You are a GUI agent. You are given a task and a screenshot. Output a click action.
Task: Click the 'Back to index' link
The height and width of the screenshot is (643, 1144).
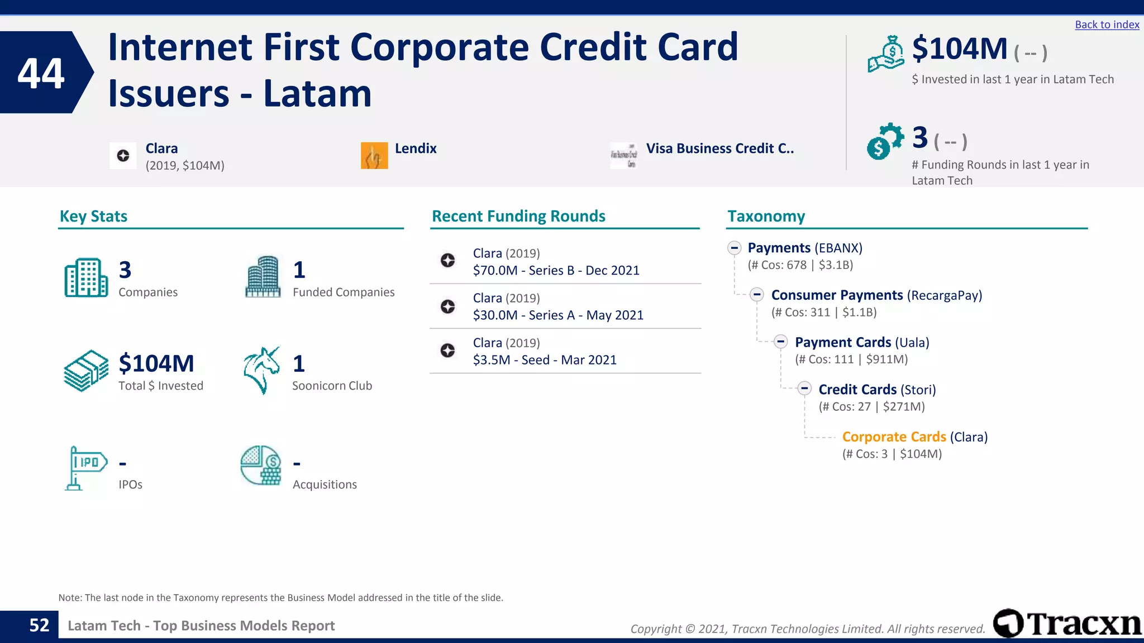[1107, 25]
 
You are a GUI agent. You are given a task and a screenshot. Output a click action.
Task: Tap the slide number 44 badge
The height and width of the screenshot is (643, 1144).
[41, 73]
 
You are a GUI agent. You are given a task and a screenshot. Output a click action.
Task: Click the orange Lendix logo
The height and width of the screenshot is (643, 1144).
[374, 156]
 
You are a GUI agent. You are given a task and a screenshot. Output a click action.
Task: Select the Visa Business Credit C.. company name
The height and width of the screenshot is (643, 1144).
[719, 148]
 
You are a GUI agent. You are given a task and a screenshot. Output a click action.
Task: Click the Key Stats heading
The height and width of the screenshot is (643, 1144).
[93, 216]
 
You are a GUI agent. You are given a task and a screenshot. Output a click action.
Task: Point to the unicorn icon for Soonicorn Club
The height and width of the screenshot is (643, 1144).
[261, 371]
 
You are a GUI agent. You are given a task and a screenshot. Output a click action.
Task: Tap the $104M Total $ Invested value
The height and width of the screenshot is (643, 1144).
[156, 363]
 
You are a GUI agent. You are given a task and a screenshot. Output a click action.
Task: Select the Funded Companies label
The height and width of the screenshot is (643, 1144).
[343, 292]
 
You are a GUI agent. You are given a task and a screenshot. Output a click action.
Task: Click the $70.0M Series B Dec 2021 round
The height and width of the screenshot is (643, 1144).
[556, 270]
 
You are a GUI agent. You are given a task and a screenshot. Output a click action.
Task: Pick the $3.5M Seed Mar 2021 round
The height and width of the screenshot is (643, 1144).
[545, 360]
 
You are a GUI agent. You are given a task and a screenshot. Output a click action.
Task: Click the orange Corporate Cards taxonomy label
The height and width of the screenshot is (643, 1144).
[894, 437]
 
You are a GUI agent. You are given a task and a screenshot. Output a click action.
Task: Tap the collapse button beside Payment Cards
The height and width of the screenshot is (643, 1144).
[781, 342]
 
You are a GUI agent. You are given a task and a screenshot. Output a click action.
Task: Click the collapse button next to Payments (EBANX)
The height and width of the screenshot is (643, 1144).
[734, 248]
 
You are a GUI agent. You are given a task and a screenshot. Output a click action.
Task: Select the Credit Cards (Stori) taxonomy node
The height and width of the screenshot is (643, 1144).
[876, 390]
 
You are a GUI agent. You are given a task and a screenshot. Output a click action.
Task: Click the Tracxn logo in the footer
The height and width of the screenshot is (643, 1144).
[1067, 623]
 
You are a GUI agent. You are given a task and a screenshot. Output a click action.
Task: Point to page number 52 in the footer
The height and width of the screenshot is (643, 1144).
[39, 625]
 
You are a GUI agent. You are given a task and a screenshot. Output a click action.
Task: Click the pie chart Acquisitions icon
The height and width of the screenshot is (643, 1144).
[261, 466]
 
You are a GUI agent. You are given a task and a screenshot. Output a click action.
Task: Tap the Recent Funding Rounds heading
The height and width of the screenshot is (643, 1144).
[518, 216]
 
